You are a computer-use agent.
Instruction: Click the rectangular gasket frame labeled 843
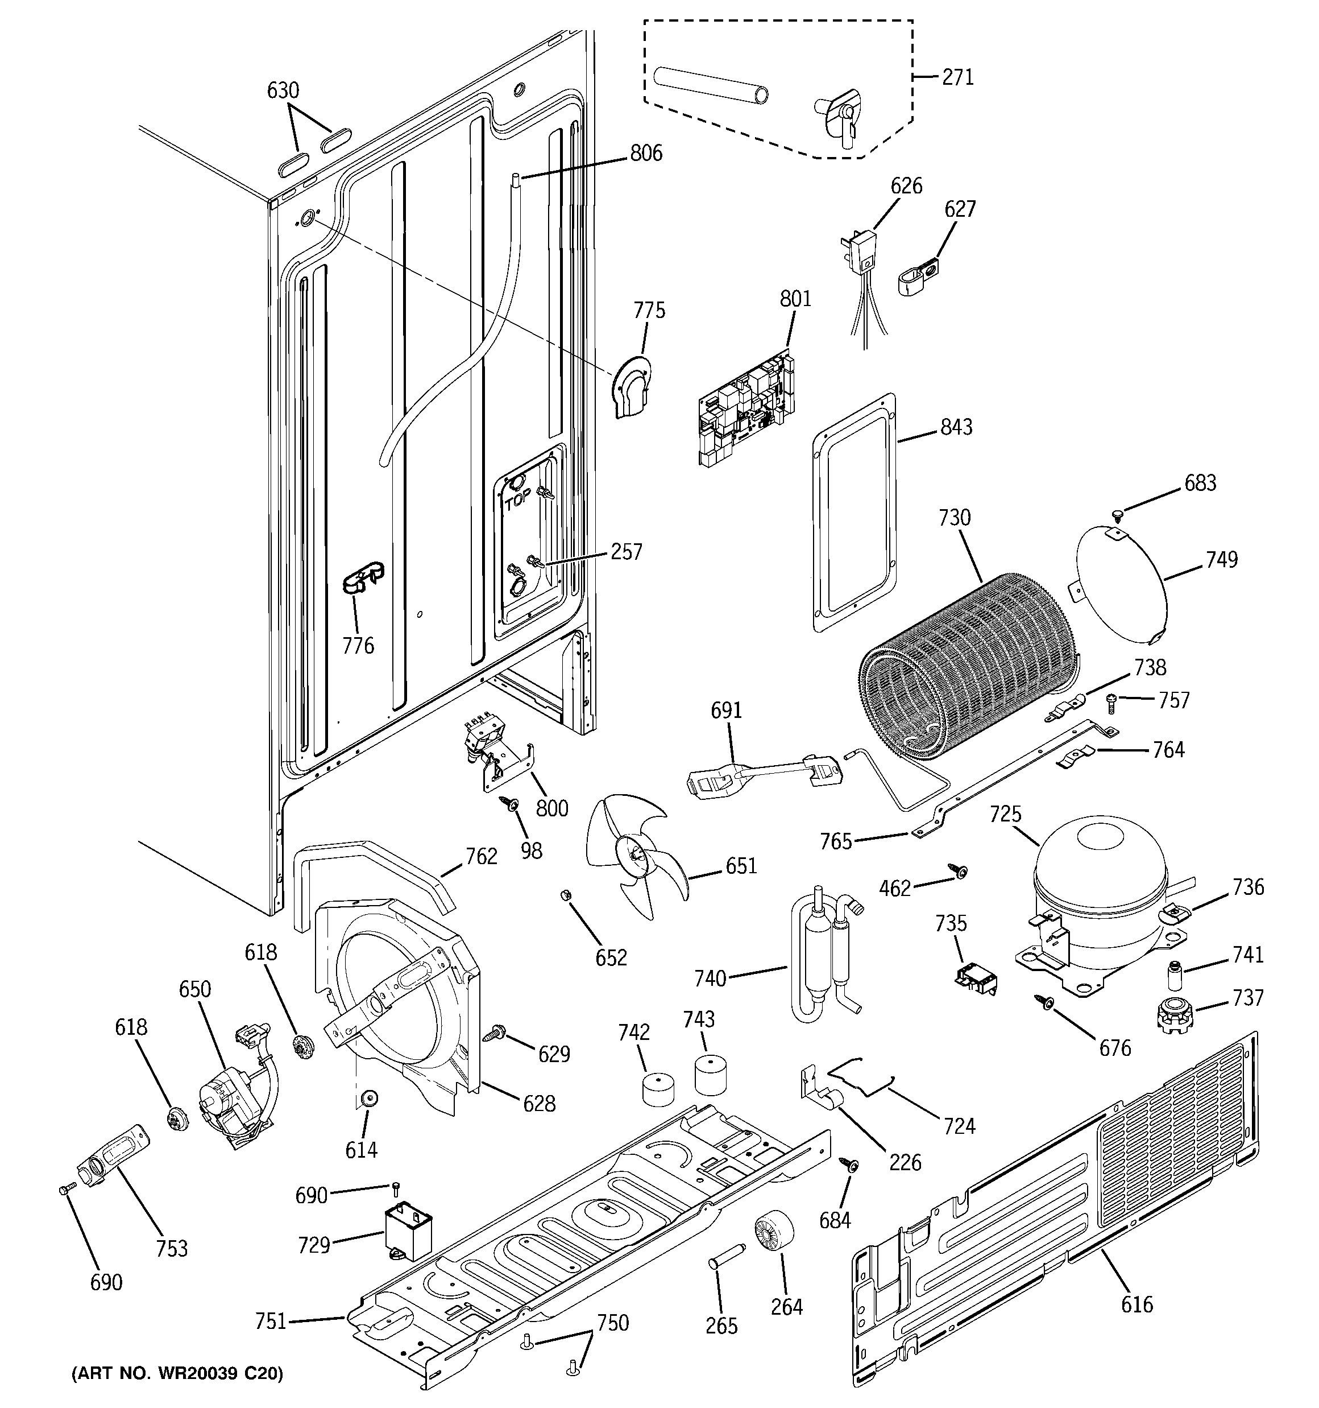pyautogui.click(x=854, y=512)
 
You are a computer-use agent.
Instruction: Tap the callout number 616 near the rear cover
pyautogui.click(x=1137, y=1304)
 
